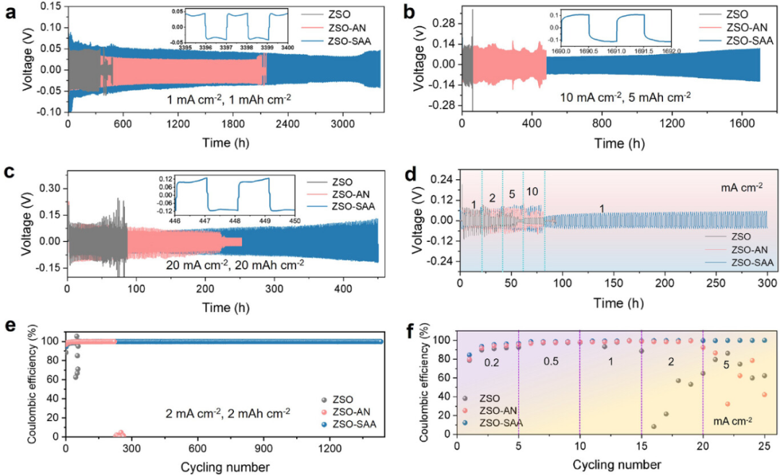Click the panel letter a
[x=10, y=12]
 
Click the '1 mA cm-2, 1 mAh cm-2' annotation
[x=229, y=99]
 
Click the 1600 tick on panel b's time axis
[x=742, y=124]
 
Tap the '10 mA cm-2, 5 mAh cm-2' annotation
[x=625, y=97]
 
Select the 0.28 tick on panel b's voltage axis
[x=445, y=22]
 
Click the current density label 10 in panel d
[x=532, y=192]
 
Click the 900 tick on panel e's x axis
[x=263, y=449]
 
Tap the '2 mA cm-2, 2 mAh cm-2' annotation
[x=227, y=412]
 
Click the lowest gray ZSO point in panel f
[x=654, y=426]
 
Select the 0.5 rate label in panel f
[x=550, y=361]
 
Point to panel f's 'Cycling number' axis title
[x=617, y=465]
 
